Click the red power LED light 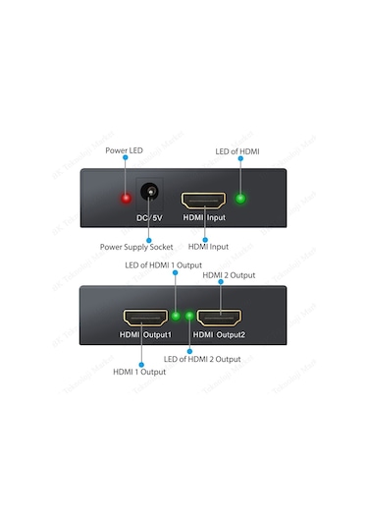tap(126, 198)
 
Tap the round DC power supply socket tap(149, 195)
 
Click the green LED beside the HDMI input tap(241, 198)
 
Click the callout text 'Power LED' tap(125, 150)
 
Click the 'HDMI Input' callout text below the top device tap(205, 247)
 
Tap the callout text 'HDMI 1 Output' tap(138, 372)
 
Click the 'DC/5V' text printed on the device tap(149, 217)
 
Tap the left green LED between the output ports tap(175, 317)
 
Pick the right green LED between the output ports tap(187, 317)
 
